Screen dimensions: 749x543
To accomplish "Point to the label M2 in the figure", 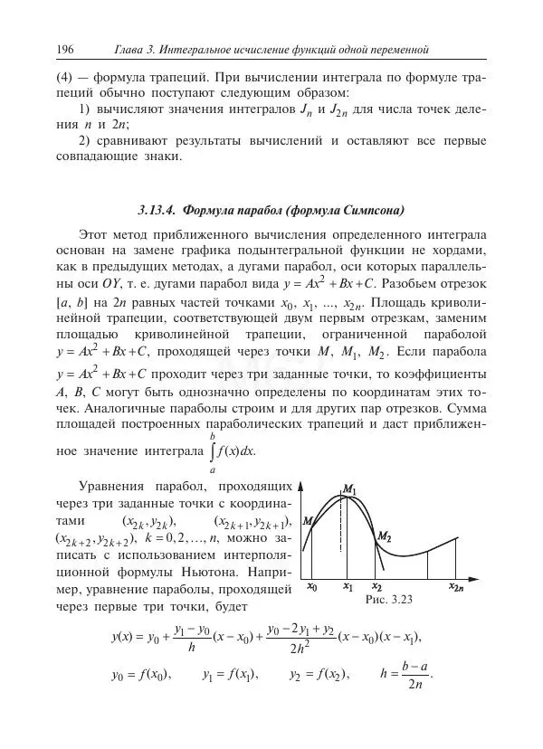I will [384, 536].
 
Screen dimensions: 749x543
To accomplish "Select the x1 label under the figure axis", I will [348, 586].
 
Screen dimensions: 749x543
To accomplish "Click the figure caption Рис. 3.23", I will [389, 599].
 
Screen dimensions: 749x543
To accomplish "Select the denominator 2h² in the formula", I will [301, 648].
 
